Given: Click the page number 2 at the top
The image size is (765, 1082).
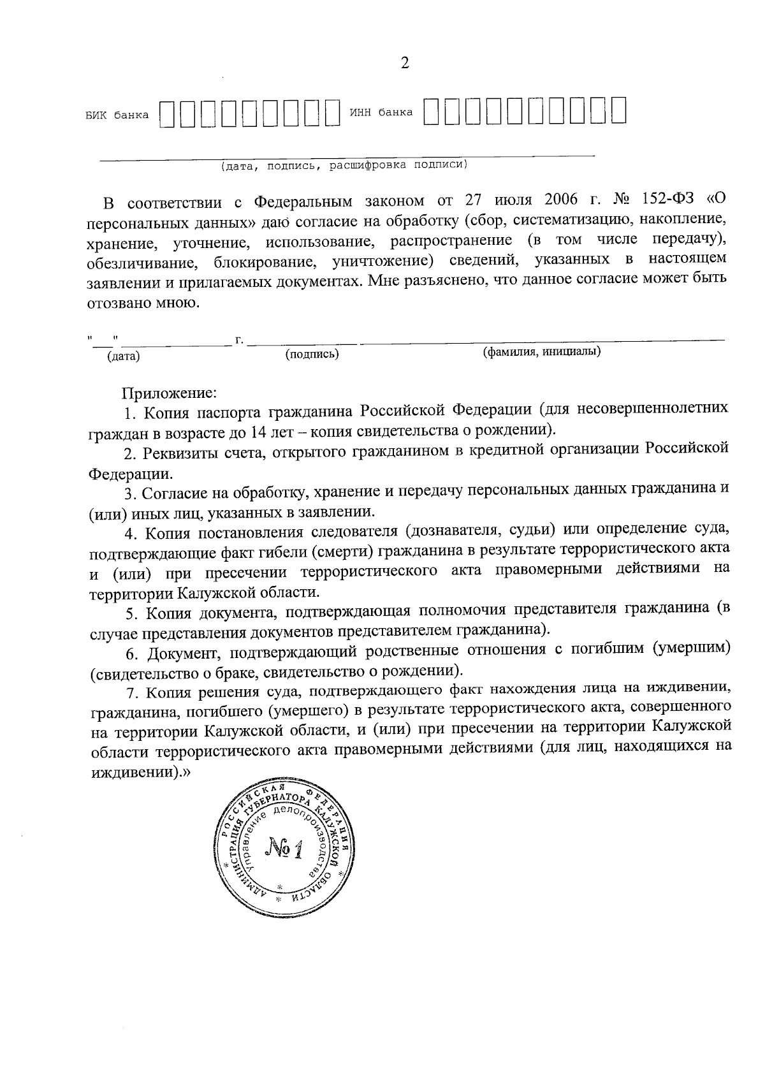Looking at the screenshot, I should tap(404, 63).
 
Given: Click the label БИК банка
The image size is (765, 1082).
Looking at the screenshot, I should tap(117, 115).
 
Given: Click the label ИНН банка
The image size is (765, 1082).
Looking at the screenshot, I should tap(381, 113).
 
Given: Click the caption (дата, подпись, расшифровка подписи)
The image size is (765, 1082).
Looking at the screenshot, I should tap(344, 166).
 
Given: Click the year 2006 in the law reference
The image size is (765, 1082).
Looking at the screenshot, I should tap(561, 200).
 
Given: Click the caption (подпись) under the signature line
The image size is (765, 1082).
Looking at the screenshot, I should tap(312, 354).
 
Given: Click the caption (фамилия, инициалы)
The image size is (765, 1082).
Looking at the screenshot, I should tap(542, 351).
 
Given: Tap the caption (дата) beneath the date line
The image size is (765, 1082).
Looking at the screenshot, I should tap(124, 356).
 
